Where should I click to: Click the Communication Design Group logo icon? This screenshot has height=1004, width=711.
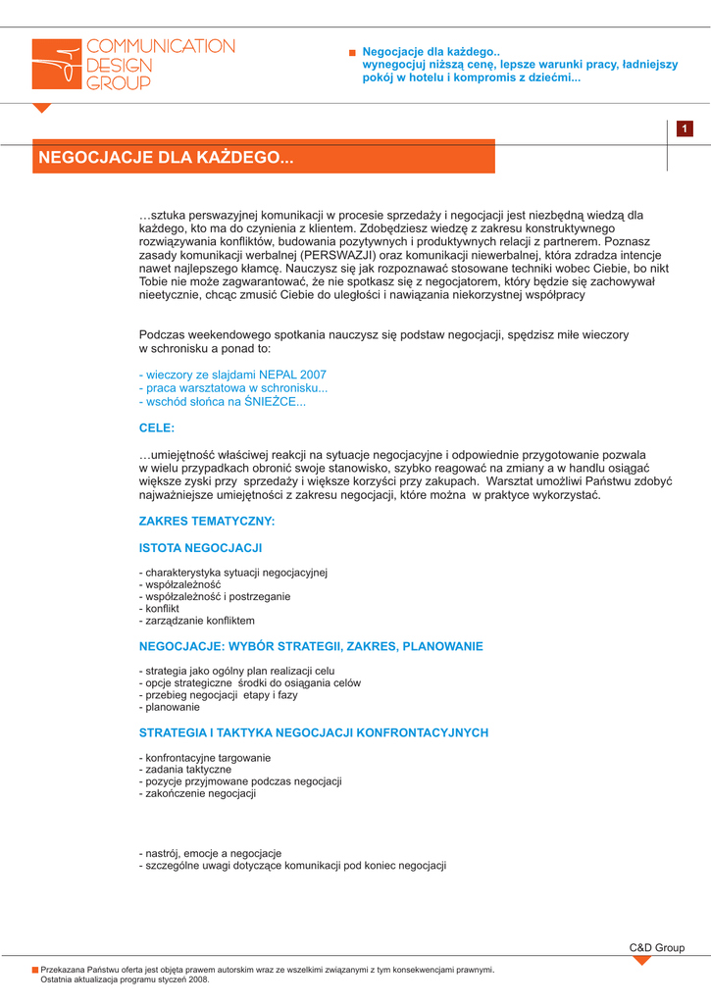pos(56,65)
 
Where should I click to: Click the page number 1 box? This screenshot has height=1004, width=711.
pos(683,129)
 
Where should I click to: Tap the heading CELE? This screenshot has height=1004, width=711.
pos(157,428)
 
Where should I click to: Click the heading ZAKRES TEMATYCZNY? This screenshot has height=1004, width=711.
pos(207,521)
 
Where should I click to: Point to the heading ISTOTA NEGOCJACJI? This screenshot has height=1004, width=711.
pos(200,548)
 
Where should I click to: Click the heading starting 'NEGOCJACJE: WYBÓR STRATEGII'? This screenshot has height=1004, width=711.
pos(311,647)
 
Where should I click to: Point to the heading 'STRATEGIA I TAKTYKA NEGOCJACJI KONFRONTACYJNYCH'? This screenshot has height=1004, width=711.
pos(314,732)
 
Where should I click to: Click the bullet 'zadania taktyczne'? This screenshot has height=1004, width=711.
pos(185,770)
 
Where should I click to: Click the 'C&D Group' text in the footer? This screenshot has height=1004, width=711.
pos(656,947)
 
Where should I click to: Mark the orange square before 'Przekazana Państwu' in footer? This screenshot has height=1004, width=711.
pos(35,970)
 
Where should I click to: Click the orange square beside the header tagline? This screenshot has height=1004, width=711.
pos(352,52)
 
